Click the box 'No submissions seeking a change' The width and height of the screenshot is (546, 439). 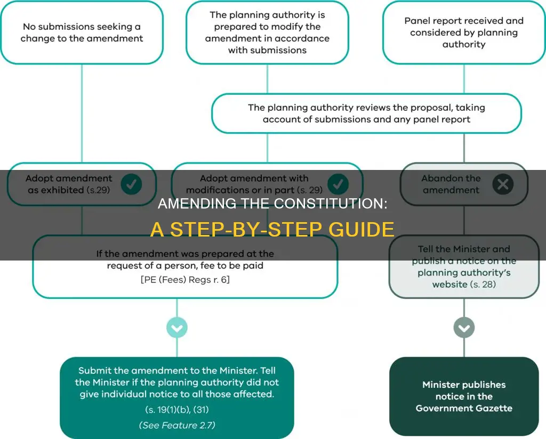click(82, 32)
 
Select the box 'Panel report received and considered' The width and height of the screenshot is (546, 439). click(463, 32)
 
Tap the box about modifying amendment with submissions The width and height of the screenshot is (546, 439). click(267, 32)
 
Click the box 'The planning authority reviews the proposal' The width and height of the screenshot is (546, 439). click(366, 113)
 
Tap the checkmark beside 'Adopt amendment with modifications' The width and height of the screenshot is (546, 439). click(337, 184)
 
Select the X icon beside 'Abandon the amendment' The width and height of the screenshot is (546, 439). click(502, 184)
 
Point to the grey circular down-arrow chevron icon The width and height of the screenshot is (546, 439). click(463, 327)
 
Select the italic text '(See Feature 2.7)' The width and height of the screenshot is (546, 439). click(176, 425)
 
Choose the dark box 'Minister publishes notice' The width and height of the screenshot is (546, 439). click(463, 396)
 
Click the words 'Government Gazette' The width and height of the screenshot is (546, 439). click(463, 408)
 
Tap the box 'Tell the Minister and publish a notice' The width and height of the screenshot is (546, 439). click(463, 266)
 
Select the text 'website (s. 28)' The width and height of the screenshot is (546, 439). click(463, 284)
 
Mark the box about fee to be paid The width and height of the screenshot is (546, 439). click(184, 266)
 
